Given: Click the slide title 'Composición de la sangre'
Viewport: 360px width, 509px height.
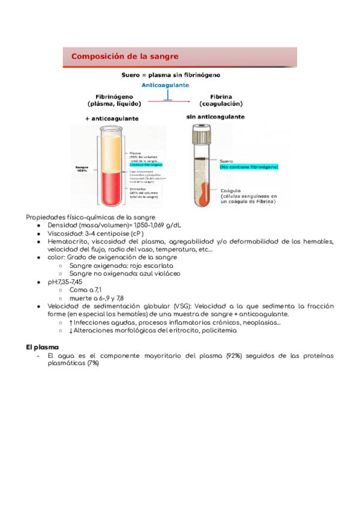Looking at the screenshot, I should (x=125, y=56).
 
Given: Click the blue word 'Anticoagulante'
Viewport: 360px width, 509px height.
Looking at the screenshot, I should (x=165, y=85).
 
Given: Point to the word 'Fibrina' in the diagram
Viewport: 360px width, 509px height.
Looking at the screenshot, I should (x=221, y=96).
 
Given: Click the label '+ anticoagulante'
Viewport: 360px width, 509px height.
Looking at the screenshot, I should (x=112, y=118).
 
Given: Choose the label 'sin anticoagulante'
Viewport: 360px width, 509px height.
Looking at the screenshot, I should (x=215, y=116).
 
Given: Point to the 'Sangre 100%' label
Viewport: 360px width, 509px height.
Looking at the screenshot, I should (x=82, y=169).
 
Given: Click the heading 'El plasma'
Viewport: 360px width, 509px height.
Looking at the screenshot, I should (x=41, y=348).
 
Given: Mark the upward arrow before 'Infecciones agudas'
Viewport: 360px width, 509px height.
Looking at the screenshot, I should (x=71, y=322).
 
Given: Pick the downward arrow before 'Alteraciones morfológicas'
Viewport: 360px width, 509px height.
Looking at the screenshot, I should (x=71, y=331).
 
